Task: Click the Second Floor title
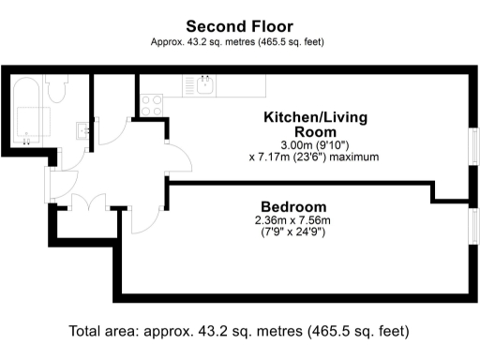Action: pyautogui.click(x=239, y=26)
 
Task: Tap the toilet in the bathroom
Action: pyautogui.click(x=57, y=90)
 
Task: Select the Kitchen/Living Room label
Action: pyautogui.click(x=314, y=125)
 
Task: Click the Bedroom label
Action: pyautogui.click(x=292, y=206)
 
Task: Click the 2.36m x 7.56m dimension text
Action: pyautogui.click(x=292, y=220)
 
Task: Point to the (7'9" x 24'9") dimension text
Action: pyautogui.click(x=292, y=232)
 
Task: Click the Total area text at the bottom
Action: pyautogui.click(x=239, y=332)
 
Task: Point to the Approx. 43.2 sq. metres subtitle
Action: pyautogui.click(x=239, y=42)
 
